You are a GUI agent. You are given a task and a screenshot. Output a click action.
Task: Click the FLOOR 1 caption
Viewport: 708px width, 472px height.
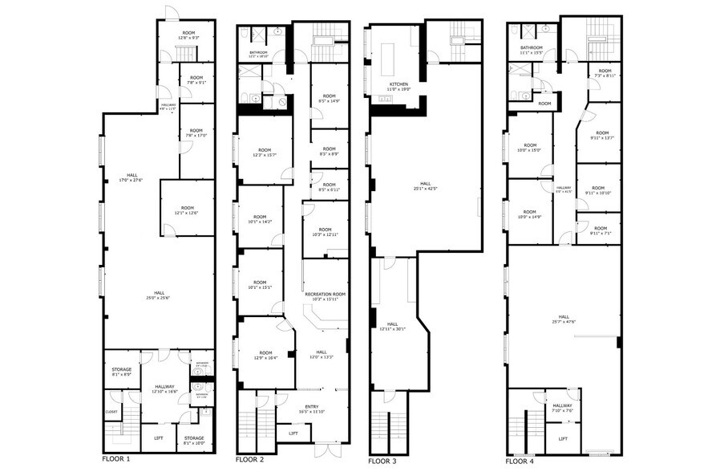click(x=115, y=460)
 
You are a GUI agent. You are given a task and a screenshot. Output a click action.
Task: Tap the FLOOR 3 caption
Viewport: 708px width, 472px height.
click(x=382, y=462)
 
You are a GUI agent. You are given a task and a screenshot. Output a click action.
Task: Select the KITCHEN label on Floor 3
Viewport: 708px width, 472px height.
click(x=399, y=83)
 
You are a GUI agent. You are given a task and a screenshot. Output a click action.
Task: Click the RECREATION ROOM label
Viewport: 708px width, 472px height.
click(x=326, y=295)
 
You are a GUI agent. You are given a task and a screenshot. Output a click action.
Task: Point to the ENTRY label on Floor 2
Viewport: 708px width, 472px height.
click(x=310, y=406)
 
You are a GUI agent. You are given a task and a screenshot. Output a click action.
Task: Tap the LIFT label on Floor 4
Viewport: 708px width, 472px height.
click(x=563, y=439)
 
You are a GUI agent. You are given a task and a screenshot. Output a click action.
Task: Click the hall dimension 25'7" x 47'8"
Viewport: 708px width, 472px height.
click(x=564, y=323)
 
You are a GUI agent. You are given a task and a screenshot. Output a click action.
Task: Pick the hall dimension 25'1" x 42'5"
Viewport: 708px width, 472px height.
click(x=427, y=189)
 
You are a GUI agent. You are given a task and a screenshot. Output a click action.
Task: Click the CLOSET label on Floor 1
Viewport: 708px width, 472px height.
click(x=111, y=412)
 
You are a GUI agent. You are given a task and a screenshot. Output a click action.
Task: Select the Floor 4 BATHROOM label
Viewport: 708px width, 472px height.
click(x=532, y=47)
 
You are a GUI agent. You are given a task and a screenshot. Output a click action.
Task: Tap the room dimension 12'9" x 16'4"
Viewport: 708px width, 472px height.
click(x=265, y=358)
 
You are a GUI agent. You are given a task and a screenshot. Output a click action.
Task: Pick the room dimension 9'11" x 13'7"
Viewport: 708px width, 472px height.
click(x=602, y=138)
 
